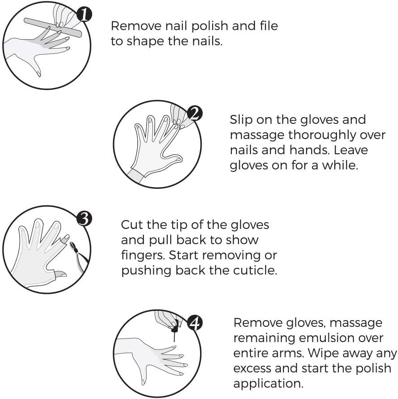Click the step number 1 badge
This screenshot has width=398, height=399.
tap(83, 16)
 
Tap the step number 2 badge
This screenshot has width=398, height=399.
tap(193, 114)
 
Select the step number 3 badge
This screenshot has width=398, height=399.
tap(84, 218)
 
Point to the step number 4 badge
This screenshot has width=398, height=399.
tap(194, 323)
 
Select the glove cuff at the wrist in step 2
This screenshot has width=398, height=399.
tap(136, 174)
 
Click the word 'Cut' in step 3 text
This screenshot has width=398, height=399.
tap(132, 224)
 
